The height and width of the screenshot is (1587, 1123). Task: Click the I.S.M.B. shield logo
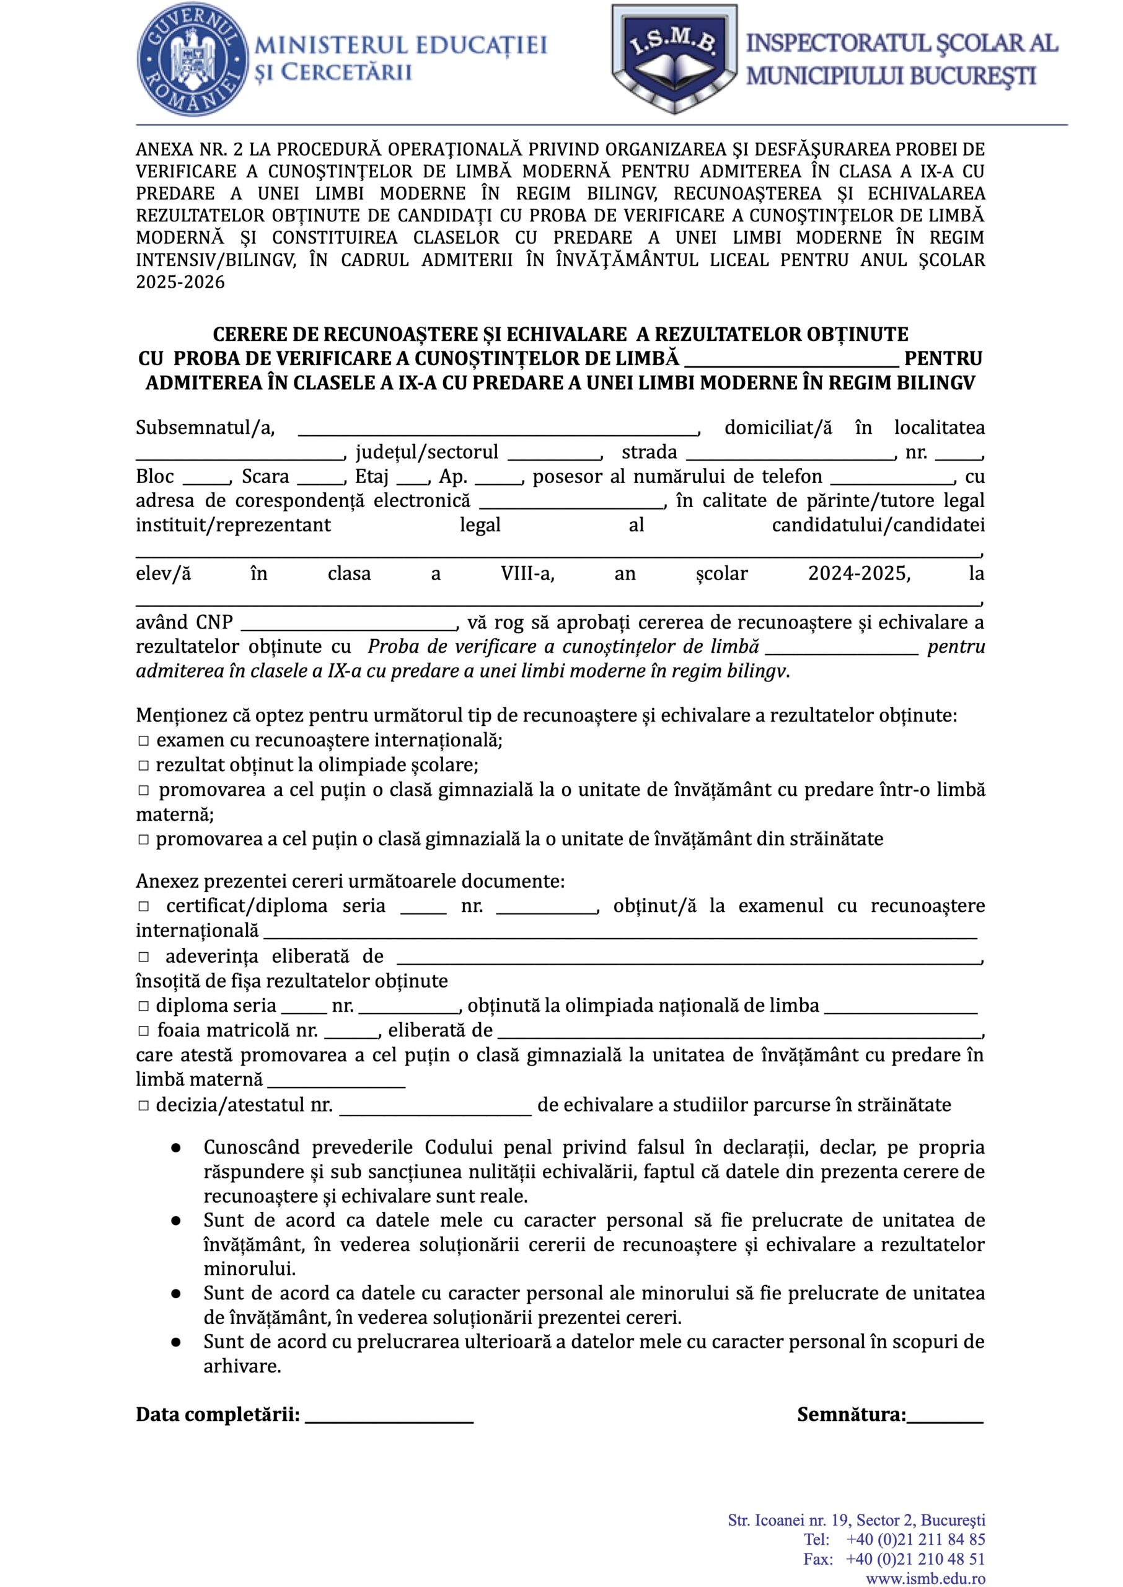(x=674, y=59)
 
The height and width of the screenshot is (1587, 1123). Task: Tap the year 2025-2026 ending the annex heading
(x=180, y=282)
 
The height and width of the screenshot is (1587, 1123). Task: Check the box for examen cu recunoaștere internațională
(x=143, y=741)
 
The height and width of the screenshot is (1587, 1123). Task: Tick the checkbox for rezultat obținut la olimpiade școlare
(x=143, y=766)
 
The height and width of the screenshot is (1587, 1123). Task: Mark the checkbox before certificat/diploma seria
(x=143, y=906)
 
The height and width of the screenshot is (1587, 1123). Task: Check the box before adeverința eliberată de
(x=143, y=957)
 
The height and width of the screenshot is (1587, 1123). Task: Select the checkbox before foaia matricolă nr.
(x=143, y=1030)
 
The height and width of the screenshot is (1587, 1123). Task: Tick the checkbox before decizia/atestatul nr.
(x=143, y=1105)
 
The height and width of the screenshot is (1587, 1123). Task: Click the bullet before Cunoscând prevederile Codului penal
(x=177, y=1148)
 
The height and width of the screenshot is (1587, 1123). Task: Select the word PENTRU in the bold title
(x=943, y=358)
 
